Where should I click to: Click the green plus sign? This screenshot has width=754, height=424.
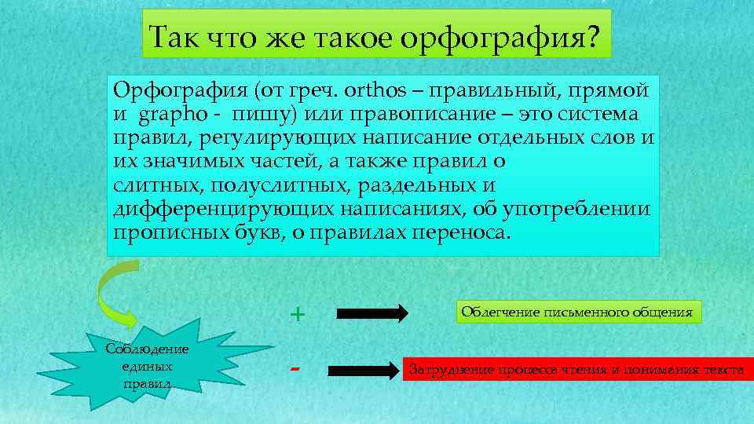coord(297,314)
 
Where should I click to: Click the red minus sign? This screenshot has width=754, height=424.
coord(296,367)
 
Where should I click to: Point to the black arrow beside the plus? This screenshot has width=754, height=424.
coord(372,314)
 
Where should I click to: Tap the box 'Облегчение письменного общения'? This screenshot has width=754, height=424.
coord(576,313)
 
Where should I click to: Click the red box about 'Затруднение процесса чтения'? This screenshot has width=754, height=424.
coord(576,369)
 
